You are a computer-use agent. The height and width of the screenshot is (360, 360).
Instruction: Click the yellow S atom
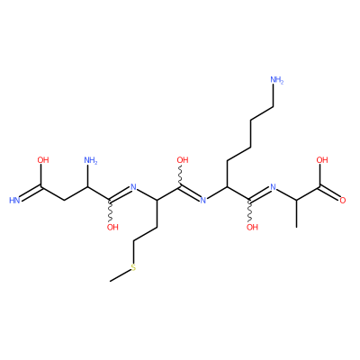click(x=134, y=267)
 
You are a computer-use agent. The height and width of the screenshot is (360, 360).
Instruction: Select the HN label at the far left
click(x=14, y=201)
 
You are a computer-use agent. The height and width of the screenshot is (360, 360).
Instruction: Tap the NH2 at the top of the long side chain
click(x=276, y=80)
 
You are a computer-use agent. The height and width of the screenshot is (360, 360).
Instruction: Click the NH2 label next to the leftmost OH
click(x=91, y=160)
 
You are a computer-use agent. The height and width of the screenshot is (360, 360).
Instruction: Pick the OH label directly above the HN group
click(x=43, y=160)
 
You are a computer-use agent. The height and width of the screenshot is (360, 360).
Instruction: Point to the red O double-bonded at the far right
click(x=343, y=201)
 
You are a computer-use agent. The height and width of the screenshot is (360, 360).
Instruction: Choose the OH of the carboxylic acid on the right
click(x=322, y=160)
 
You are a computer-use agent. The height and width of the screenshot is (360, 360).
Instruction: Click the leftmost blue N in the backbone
click(x=133, y=187)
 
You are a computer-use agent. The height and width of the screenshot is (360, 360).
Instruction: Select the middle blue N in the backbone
click(x=203, y=201)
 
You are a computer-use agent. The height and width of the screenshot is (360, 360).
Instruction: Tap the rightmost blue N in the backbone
click(x=273, y=187)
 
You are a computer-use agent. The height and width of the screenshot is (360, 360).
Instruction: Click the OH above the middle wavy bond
click(x=183, y=160)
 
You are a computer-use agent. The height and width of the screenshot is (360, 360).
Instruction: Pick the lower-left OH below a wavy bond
click(x=112, y=227)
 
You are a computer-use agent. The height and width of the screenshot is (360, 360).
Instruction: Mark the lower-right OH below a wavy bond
click(x=252, y=227)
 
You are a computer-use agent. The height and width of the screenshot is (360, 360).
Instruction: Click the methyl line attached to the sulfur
click(x=121, y=275)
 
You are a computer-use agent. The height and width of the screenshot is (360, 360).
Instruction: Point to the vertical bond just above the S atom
click(x=134, y=251)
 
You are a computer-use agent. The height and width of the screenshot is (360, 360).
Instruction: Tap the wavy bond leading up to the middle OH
click(x=180, y=176)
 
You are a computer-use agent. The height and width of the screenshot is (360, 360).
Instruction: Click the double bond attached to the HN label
click(x=31, y=193)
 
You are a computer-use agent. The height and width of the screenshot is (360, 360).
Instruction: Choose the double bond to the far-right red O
click(x=329, y=193)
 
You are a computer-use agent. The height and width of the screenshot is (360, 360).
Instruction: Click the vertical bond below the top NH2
click(x=273, y=96)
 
